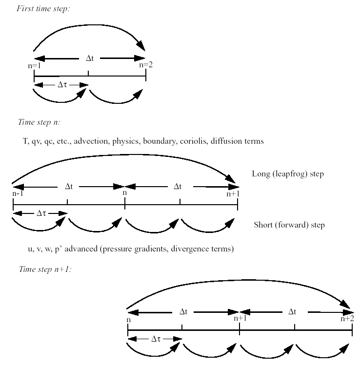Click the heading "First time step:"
(44, 8)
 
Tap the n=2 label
(146, 64)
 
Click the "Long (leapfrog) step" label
(288, 174)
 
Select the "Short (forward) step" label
(289, 225)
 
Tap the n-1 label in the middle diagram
(18, 193)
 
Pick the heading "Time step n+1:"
(45, 269)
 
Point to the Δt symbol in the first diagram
(90, 58)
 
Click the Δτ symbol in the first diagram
(61, 85)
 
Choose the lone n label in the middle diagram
(125, 193)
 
